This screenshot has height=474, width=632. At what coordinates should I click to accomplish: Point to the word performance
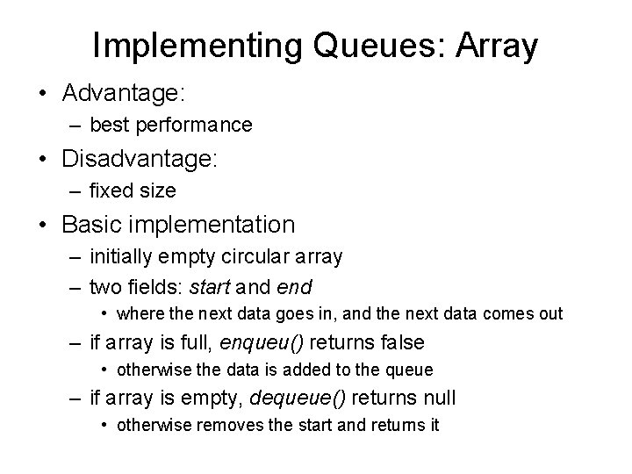[193, 126]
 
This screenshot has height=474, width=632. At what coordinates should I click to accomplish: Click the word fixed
[110, 190]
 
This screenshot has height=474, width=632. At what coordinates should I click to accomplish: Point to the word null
[437, 399]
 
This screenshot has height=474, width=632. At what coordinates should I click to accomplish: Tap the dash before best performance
[75, 126]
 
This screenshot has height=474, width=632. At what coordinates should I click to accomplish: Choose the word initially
[122, 257]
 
